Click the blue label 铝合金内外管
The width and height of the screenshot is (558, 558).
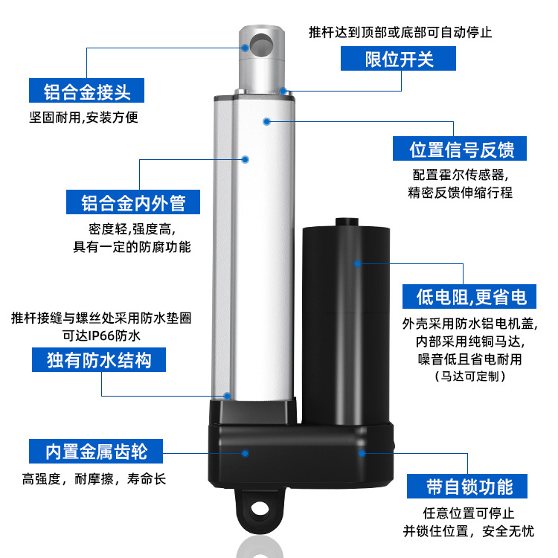click(133, 202)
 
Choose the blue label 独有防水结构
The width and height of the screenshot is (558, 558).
click(99, 361)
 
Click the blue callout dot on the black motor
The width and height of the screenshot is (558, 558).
click(358, 263)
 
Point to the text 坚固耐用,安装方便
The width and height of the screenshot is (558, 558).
click(83, 118)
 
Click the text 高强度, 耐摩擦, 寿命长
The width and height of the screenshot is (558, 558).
click(95, 479)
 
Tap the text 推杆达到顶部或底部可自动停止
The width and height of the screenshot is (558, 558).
click(400, 33)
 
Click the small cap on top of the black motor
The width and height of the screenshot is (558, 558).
click(346, 222)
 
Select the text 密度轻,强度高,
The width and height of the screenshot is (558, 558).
click(132, 228)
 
